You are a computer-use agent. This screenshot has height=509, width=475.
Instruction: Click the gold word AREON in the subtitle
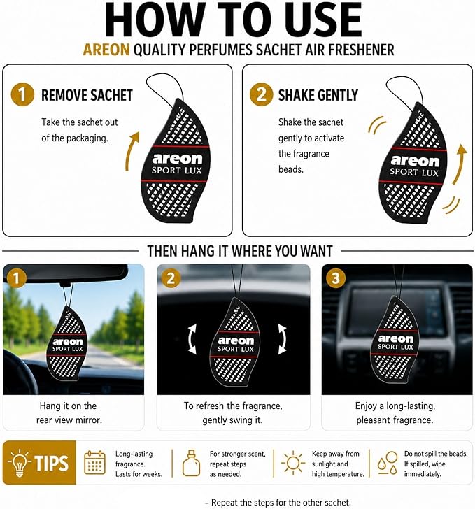click(x=106, y=50)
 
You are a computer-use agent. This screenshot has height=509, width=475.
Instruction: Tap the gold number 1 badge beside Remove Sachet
click(x=22, y=94)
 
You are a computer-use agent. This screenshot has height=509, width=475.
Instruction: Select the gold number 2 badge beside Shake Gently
click(x=261, y=94)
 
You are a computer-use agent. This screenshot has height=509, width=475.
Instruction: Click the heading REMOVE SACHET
click(x=87, y=95)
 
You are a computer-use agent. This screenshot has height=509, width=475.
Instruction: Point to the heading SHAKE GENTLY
click(x=318, y=95)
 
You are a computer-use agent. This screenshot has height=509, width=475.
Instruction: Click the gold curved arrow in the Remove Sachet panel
click(x=131, y=152)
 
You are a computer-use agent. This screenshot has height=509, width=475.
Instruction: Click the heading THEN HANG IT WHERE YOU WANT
click(x=240, y=251)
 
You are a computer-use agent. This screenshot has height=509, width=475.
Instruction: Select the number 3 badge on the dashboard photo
click(x=336, y=278)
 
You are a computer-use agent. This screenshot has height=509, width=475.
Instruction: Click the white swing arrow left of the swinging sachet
click(x=192, y=339)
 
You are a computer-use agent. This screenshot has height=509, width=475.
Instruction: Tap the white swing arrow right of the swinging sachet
click(x=283, y=339)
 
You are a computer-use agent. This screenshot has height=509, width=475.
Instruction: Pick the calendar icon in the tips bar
click(x=94, y=462)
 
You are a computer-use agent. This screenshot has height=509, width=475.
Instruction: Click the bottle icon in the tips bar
click(x=191, y=464)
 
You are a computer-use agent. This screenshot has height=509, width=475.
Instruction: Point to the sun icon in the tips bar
click(x=292, y=463)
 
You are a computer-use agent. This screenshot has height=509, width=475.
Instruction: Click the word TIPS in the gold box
click(x=52, y=464)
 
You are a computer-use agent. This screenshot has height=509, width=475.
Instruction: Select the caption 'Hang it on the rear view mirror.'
click(x=69, y=413)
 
